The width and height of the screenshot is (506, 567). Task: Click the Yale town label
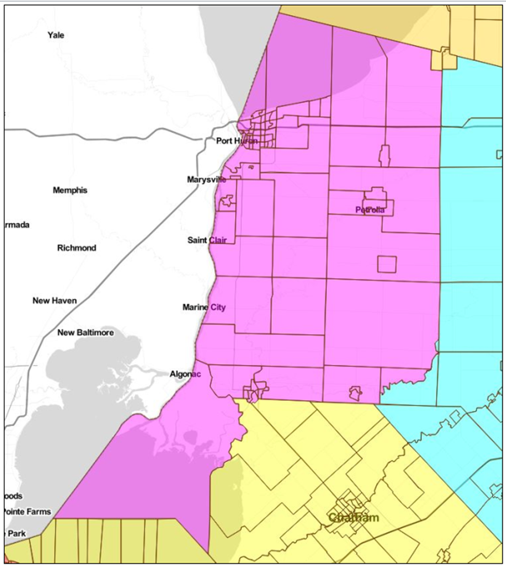(56, 35)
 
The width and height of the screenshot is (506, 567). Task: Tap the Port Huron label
(237, 141)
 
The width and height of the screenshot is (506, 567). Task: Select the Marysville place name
(207, 180)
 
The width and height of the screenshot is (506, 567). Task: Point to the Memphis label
(70, 191)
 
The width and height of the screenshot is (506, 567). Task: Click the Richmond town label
(76, 248)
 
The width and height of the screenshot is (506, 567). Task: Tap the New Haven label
(54, 301)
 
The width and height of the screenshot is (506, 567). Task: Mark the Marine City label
(204, 307)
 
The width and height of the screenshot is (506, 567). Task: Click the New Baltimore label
(86, 332)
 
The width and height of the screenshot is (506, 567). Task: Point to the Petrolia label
(370, 210)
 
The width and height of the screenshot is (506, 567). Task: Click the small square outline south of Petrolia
(387, 264)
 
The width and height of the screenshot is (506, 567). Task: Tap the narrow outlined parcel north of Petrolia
(384, 155)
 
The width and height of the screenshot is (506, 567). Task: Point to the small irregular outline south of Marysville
(227, 202)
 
